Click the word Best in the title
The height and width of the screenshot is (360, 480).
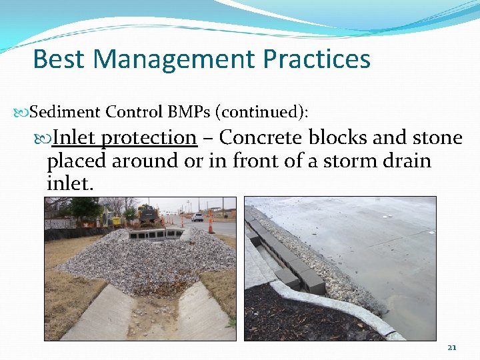pyautogui.click(x=59, y=59)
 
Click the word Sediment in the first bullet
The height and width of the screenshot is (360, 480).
pyautogui.click(x=65, y=111)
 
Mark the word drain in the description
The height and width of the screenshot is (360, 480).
pyautogui.click(x=405, y=161)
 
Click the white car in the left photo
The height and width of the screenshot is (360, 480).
pyautogui.click(x=197, y=217)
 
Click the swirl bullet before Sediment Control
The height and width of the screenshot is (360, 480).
pyautogui.click(x=23, y=112)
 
